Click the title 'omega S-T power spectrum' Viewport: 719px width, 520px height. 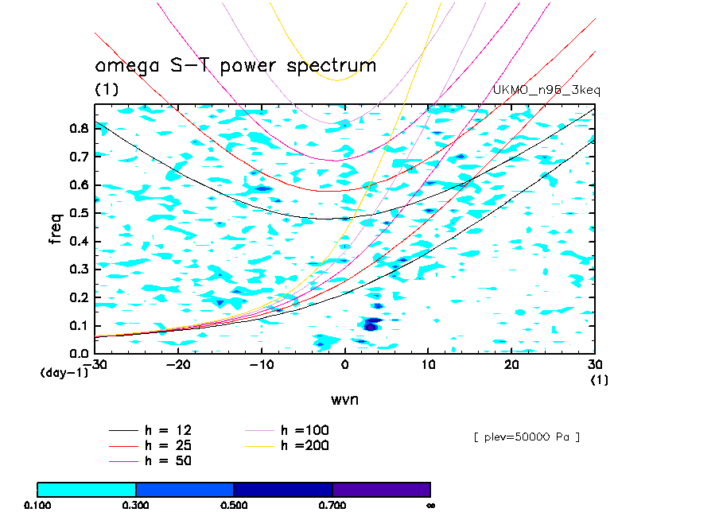tap(235, 66)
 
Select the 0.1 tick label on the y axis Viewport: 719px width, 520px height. tap(79, 325)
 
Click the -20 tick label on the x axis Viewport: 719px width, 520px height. tap(177, 364)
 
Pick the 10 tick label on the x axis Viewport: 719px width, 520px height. tap(429, 364)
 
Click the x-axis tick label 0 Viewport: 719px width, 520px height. tap(345, 364)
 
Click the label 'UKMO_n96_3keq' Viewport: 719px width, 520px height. tap(547, 91)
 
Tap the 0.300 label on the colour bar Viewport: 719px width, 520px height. tap(136, 505)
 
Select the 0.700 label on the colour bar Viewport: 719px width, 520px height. tap(332, 505)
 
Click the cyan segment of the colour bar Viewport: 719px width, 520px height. tap(87, 489)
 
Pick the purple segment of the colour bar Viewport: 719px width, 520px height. tap(381, 489)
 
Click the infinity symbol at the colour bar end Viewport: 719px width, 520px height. tap(430, 505)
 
